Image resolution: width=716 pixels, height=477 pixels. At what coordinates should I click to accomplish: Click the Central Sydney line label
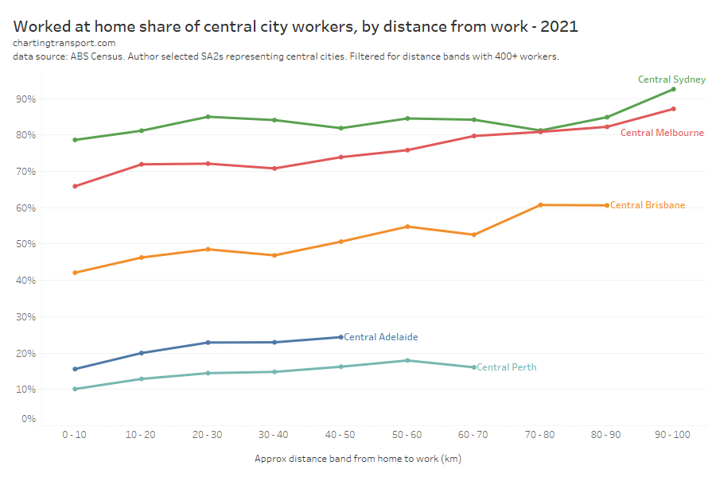pyautogui.click(x=671, y=79)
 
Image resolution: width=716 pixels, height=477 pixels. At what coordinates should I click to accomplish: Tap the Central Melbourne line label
pyautogui.click(x=662, y=133)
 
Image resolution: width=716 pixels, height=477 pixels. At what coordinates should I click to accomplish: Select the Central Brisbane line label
pyautogui.click(x=648, y=205)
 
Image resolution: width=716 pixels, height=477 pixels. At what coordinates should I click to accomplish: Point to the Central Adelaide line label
pyautogui.click(x=381, y=337)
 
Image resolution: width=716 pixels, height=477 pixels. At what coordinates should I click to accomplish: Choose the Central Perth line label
pyautogui.click(x=506, y=367)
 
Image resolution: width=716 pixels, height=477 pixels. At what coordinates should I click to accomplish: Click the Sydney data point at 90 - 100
pyautogui.click(x=673, y=89)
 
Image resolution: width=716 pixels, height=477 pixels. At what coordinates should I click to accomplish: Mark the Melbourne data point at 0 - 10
pyautogui.click(x=75, y=186)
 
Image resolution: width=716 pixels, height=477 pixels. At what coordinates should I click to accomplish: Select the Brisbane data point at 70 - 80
pyautogui.click(x=540, y=205)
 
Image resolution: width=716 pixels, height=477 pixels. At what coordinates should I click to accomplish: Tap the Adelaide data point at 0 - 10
pyautogui.click(x=75, y=369)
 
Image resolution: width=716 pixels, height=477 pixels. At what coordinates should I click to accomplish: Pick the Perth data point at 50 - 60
pyautogui.click(x=407, y=360)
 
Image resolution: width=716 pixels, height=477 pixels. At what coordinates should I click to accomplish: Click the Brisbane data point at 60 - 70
pyautogui.click(x=473, y=235)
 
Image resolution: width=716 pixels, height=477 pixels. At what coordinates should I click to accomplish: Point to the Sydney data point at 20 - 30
pyautogui.click(x=208, y=117)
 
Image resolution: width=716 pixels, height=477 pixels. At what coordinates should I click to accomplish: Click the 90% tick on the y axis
pyautogui.click(x=27, y=99)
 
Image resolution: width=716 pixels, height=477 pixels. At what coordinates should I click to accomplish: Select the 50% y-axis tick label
pyautogui.click(x=27, y=244)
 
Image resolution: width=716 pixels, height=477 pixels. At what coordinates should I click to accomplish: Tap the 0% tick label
pyautogui.click(x=29, y=419)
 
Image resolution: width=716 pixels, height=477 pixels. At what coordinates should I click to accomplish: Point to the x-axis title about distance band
pyautogui.click(x=358, y=459)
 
